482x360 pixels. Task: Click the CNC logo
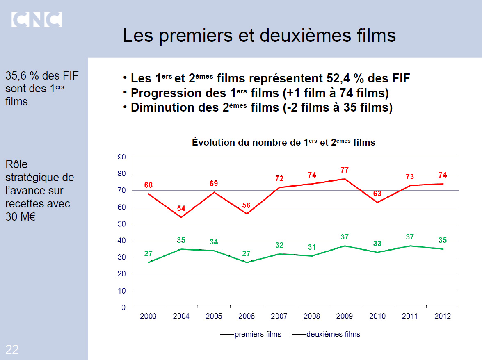click(37, 20)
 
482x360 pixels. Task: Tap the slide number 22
click(12, 349)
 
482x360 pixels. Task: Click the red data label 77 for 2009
click(345, 170)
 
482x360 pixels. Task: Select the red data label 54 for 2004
click(181, 208)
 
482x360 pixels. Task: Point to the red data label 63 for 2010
click(377, 193)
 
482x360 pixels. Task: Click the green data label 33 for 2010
click(377, 244)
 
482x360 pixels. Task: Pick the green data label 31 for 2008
click(312, 247)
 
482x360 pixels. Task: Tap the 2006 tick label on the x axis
click(247, 316)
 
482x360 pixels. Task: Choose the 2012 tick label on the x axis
click(443, 316)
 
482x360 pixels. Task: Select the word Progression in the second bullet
click(164, 93)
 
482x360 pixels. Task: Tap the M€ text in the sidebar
click(28, 217)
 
